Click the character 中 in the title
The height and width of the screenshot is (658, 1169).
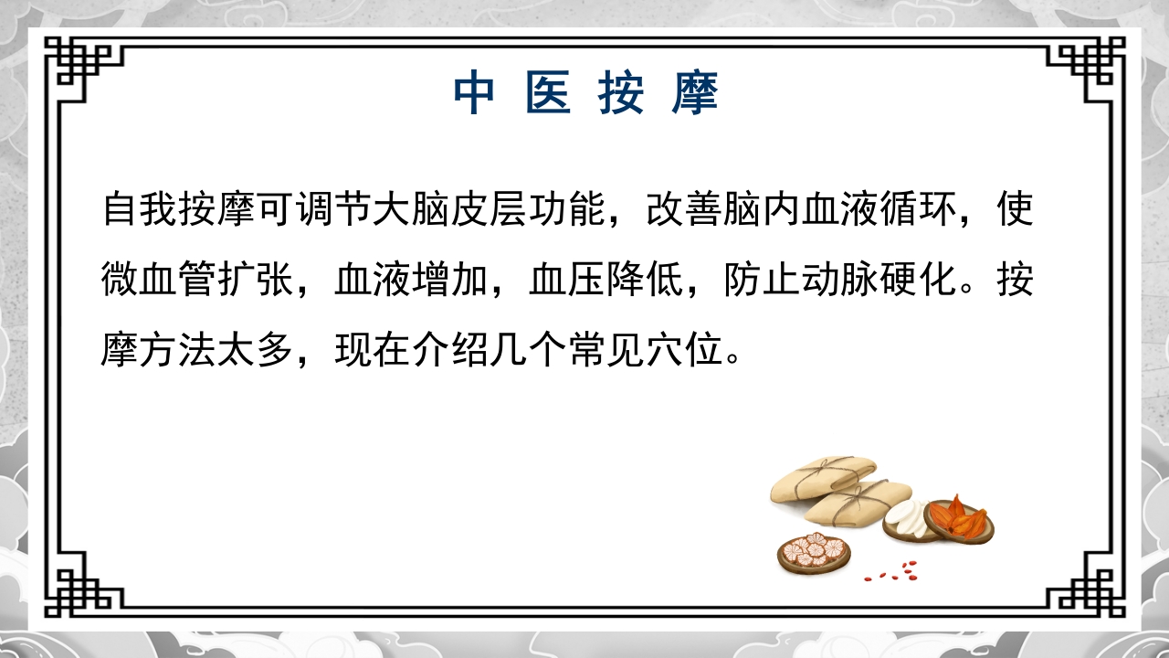475,92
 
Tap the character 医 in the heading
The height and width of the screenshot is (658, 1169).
548,92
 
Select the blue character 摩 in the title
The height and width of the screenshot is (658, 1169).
696,92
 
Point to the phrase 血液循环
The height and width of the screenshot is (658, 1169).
878,209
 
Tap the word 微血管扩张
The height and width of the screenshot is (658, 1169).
198,280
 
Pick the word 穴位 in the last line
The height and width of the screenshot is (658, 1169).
683,350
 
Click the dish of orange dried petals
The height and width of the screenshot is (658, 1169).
959,517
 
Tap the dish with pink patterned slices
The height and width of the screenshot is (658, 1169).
813,551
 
